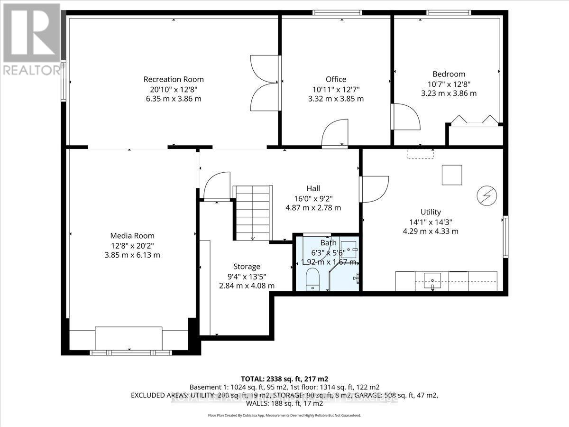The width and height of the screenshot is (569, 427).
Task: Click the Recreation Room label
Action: pos(174,79)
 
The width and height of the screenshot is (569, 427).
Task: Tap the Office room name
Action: pos(336,79)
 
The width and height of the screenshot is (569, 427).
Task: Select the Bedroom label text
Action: pos(449,74)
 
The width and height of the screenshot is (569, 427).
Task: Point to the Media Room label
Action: pos(132,235)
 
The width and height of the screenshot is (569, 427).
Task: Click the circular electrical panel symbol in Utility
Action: pos(486,195)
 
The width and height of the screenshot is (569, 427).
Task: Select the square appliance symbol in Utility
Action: pos(452,175)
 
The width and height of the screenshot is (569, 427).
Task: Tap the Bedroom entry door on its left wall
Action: pos(405,117)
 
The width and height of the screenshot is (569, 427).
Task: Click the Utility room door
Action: pos(375,189)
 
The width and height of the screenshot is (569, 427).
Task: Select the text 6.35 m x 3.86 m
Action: pos(174,99)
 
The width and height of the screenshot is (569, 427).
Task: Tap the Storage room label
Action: pos(247,267)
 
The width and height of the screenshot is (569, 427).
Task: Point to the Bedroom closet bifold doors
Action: pos(475,120)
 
